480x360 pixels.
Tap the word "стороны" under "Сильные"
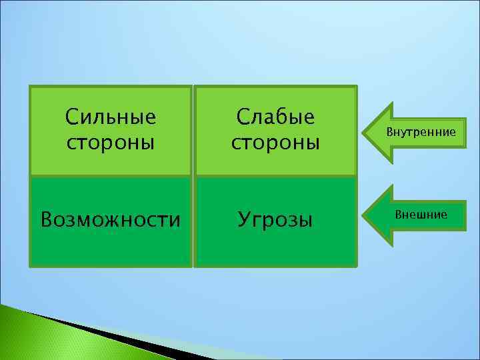tap(111, 143)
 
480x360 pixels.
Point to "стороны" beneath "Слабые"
tap(275, 143)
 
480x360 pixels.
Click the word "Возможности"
tap(111, 219)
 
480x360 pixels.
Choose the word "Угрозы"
tap(275, 219)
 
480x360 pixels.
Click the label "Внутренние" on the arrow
tap(421, 133)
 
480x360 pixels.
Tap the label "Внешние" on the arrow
tap(421, 215)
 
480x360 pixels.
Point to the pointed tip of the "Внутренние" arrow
tap(363, 133)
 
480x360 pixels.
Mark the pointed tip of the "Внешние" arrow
tap(363, 215)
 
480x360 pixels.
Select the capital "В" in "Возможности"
tap(47, 219)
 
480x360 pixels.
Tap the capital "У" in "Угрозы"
tap(244, 219)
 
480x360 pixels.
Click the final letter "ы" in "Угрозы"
tap(306, 221)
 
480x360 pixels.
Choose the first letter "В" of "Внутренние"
tap(390, 133)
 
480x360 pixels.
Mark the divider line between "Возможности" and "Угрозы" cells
tap(193, 222)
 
